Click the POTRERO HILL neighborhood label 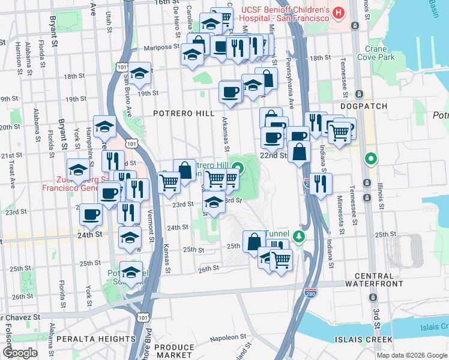point(181,113)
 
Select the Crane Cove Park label point(376,53)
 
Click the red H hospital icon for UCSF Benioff point(339,12)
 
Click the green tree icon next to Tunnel point(299,236)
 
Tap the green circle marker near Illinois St point(372,159)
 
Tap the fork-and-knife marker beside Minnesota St point(319,184)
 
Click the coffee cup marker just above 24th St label point(91,214)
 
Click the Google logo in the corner point(20,353)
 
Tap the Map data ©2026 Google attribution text point(411,355)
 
